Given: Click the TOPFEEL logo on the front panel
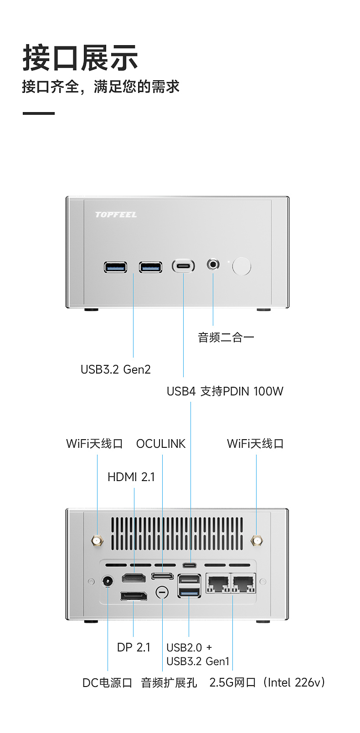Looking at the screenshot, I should (116, 215).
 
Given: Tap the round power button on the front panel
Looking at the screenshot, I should (242, 267).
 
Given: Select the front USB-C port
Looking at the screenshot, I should (183, 266).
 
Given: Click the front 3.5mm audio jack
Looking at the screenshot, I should (213, 264).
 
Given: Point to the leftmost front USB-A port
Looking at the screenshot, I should (115, 267).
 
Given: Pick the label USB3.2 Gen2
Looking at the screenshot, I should (115, 369).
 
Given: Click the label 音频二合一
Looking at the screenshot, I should (226, 338).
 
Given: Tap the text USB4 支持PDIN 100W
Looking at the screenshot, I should (225, 391).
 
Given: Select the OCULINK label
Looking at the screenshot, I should (161, 444).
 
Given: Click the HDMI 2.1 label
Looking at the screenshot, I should (131, 477).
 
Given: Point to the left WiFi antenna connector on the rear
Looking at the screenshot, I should (97, 541).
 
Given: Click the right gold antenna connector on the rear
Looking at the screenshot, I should (257, 541).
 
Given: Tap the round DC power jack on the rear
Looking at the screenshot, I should (108, 581).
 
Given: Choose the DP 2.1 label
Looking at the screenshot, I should (134, 647).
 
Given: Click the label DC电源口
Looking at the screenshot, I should (107, 683).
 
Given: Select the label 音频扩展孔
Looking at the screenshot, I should (169, 683).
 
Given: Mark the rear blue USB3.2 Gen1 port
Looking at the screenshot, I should (189, 592).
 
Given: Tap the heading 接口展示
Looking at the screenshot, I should (80, 58).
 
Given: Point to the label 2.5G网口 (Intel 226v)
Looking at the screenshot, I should (267, 682).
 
